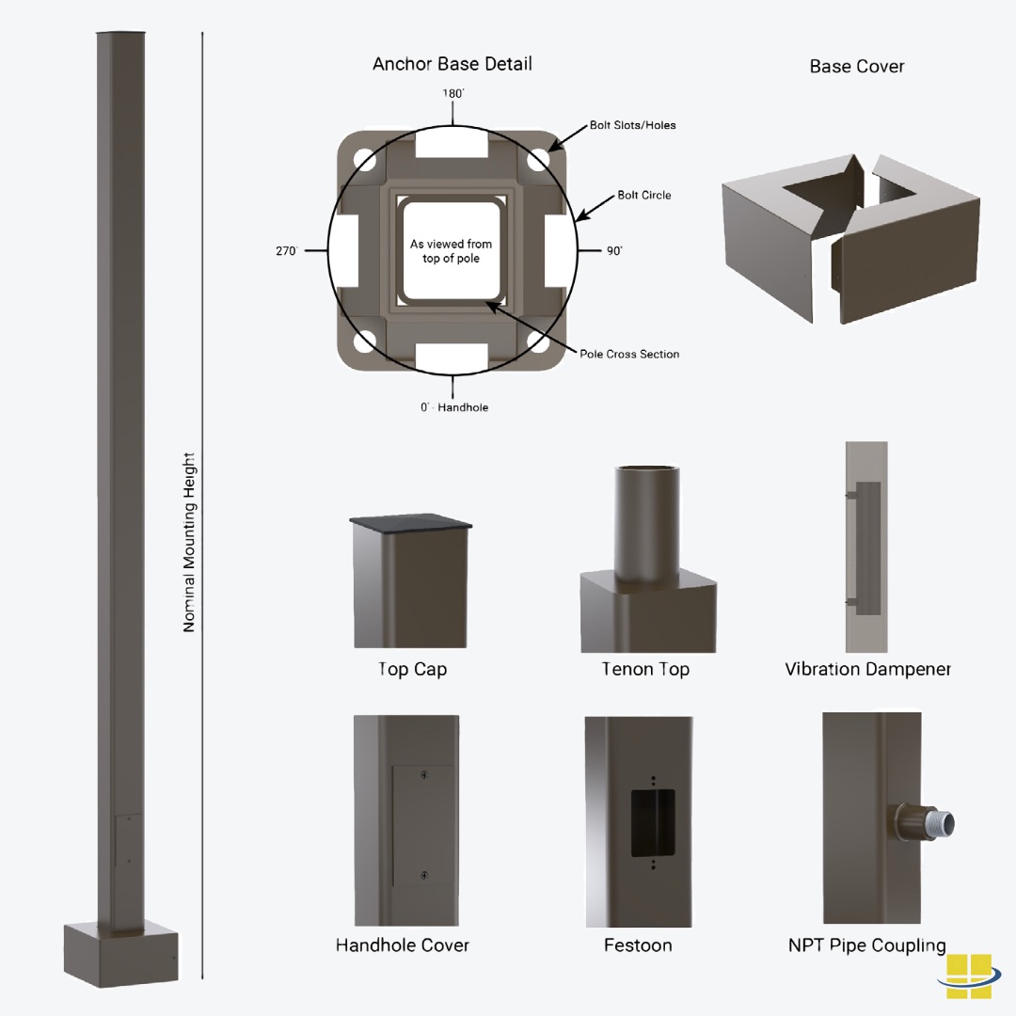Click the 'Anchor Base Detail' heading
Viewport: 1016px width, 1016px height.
pyautogui.click(x=452, y=64)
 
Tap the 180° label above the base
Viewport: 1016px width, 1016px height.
pyautogui.click(x=453, y=94)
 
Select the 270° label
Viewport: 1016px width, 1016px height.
pyautogui.click(x=286, y=251)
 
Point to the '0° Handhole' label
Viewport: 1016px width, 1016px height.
pyautogui.click(x=454, y=407)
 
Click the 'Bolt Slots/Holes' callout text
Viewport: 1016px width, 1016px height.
pyautogui.click(x=632, y=125)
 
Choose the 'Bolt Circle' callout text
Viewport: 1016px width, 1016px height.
pyautogui.click(x=643, y=196)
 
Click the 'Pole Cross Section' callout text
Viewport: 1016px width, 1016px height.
pyautogui.click(x=628, y=355)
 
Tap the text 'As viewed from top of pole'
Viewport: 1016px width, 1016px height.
pyautogui.click(x=451, y=251)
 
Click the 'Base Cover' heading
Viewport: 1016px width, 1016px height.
pyautogui.click(x=856, y=67)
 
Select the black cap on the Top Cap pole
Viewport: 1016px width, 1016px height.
pyautogui.click(x=411, y=523)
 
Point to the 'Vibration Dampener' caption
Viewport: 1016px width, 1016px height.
pyautogui.click(x=867, y=670)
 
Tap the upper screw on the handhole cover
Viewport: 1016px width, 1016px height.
pyautogui.click(x=424, y=775)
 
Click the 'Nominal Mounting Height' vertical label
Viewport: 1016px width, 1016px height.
pyautogui.click(x=189, y=542)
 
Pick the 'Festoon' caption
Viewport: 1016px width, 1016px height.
pyautogui.click(x=638, y=945)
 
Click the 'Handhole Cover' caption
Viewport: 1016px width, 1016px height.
pyautogui.click(x=402, y=945)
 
